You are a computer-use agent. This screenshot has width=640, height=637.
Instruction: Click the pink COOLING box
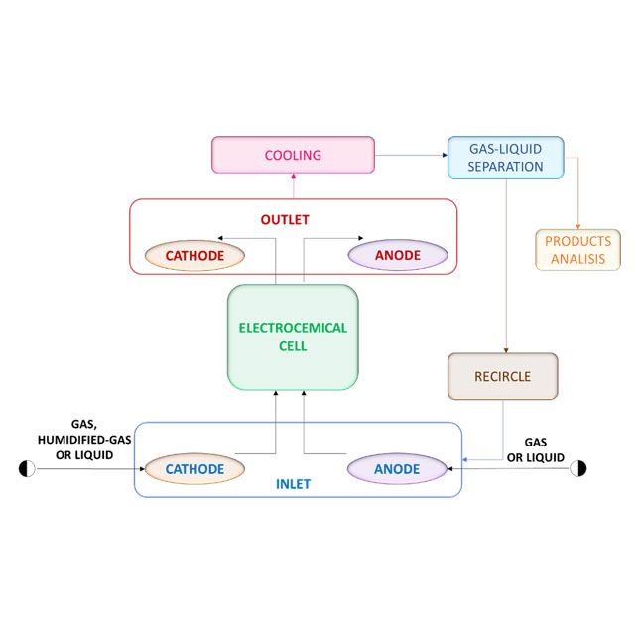point(293,155)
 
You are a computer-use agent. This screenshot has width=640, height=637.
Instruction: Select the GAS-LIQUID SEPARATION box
point(505,157)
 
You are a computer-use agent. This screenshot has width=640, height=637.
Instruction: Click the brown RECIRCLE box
point(502,376)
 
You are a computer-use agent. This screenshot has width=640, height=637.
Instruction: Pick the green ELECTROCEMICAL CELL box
point(293,337)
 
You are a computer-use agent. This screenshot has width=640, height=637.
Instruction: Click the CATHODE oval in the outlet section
point(194,255)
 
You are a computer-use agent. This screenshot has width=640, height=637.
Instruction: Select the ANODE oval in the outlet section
point(398,255)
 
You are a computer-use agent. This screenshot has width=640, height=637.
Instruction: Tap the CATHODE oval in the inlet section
point(194,468)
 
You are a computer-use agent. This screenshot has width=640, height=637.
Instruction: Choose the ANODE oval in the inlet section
point(397,468)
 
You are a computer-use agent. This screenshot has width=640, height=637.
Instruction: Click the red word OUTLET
point(293,218)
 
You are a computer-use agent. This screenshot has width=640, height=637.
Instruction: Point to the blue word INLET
point(293,485)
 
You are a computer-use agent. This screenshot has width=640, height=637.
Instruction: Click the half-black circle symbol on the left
point(27,468)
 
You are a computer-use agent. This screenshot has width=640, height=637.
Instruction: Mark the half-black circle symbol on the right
point(578,468)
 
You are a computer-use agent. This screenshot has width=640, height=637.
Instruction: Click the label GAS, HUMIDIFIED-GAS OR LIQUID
point(76,439)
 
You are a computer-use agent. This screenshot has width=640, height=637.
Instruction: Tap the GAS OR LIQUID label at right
point(536,448)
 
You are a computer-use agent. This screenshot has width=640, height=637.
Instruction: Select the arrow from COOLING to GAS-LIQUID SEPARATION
point(411,155)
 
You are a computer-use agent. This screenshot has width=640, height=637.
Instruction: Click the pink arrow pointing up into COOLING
point(293,185)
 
